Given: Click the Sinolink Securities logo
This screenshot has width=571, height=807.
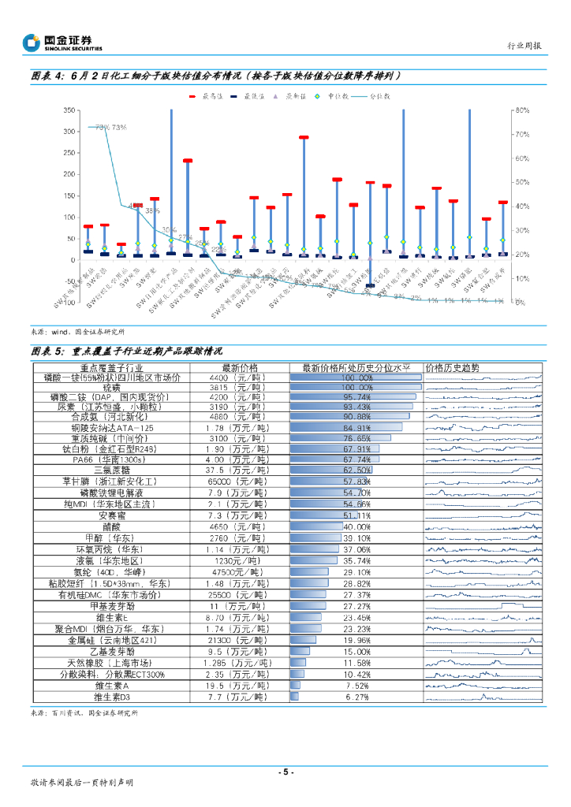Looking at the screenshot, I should click(62, 43).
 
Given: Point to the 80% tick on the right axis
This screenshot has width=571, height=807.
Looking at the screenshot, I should click(521, 111).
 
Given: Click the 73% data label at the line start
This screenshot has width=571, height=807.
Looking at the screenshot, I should click(110, 127).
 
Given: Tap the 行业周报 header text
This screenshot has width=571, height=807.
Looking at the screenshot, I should click(523, 46).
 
